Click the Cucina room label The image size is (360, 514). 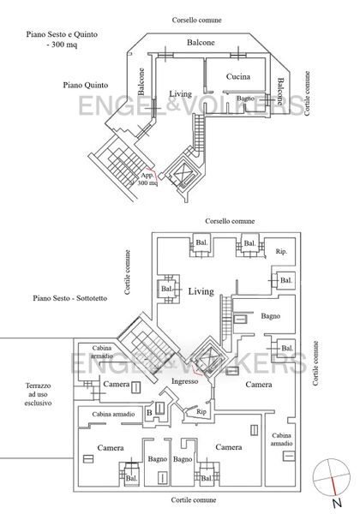click(238, 77)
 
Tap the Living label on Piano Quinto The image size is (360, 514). click(180, 93)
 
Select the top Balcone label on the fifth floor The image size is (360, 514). click(201, 42)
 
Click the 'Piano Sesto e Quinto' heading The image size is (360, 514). click(62, 34)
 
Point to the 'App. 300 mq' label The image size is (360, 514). click(147, 179)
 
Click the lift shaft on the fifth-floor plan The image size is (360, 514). click(183, 172)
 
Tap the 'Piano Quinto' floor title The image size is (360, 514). click(86, 85)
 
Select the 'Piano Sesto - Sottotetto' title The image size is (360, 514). click(69, 298)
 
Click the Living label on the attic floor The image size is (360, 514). click(201, 291)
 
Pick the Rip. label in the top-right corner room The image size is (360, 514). click(281, 251)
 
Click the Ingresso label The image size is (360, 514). click(185, 381)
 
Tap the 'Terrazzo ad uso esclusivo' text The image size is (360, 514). click(38, 394)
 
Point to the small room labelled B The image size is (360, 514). click(149, 412)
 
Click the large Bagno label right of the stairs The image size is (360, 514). click(271, 316)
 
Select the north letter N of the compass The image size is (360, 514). click(337, 503)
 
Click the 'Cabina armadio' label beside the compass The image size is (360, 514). click(282, 439)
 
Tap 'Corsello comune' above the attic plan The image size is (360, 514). click(230, 221)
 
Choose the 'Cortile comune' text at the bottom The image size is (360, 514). click(194, 500)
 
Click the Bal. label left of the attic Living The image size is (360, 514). click(167, 289)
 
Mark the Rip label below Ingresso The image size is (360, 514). click(201, 412)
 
